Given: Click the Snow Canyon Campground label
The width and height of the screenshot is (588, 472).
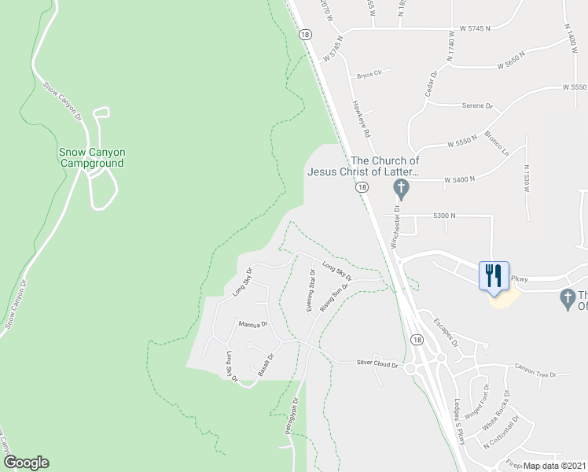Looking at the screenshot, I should [92, 157].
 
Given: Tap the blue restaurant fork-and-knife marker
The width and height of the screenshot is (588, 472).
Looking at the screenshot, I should [494, 276].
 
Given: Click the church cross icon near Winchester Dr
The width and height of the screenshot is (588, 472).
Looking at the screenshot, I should [401, 189].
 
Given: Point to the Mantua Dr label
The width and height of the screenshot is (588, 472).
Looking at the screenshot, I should [253, 323].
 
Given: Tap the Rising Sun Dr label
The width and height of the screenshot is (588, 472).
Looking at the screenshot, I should [334, 300].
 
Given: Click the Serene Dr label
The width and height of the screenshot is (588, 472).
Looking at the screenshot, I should [477, 105].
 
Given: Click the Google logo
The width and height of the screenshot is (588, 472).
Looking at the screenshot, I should [25, 463].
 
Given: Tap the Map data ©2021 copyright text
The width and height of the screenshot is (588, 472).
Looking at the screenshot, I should [553, 466].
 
